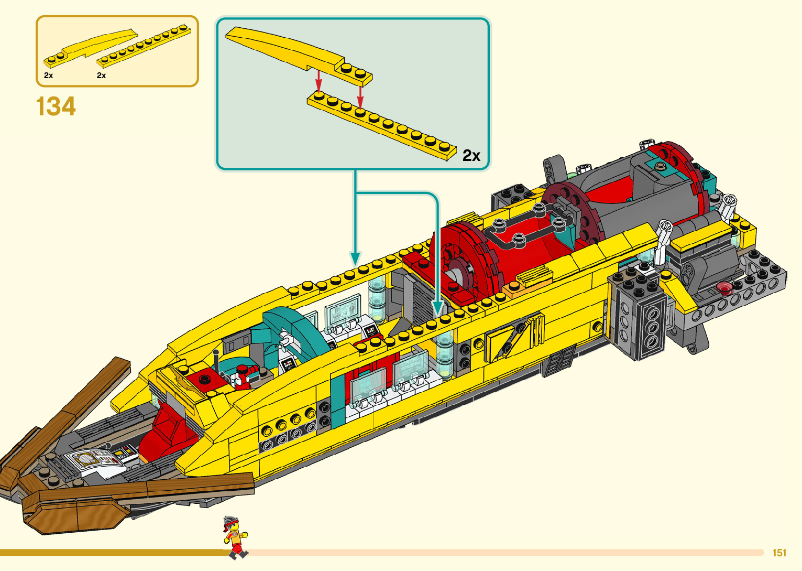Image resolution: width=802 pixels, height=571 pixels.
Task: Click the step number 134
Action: (x=56, y=106)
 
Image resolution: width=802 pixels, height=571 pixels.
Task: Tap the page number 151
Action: (x=779, y=553)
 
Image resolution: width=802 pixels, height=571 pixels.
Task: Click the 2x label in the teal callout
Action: (x=471, y=156)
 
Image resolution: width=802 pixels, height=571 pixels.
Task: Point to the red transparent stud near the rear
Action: (x=724, y=287)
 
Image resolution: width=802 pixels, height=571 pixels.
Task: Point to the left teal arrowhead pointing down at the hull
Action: (x=355, y=258)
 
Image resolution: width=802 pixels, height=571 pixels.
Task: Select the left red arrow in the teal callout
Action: (x=318, y=81)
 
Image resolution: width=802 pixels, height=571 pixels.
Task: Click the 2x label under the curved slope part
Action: (x=49, y=76)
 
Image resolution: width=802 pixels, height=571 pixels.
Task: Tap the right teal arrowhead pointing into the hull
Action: (x=438, y=307)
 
